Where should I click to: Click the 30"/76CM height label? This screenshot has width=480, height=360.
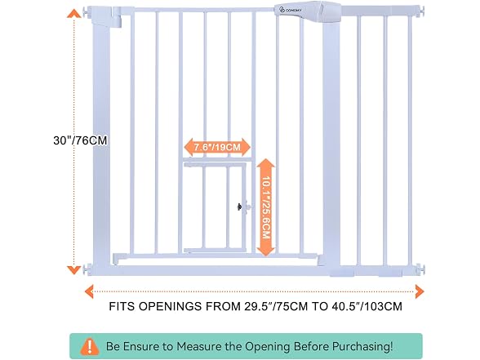(80, 140)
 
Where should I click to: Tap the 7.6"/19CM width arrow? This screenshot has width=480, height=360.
(217, 147)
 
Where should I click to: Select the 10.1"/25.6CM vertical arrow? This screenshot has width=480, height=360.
(266, 207)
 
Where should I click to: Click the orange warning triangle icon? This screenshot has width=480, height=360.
(90, 346)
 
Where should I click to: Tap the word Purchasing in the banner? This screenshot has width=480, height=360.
(362, 346)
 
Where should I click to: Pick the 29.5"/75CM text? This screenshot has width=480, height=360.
(276, 306)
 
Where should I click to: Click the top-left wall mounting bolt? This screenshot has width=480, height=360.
(87, 12)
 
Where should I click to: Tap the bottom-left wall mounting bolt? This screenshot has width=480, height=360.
(87, 269)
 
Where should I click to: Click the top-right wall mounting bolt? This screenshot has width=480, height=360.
(423, 11)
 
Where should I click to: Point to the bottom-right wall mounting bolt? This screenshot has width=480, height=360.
(421, 269)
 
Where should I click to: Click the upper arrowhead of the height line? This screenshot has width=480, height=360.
(73, 13)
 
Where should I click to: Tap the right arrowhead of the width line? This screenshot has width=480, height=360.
(420, 291)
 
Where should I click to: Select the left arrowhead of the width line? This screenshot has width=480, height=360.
(89, 291)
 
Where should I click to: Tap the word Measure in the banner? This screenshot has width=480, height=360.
(198, 346)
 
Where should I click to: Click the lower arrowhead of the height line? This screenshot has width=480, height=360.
(73, 270)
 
